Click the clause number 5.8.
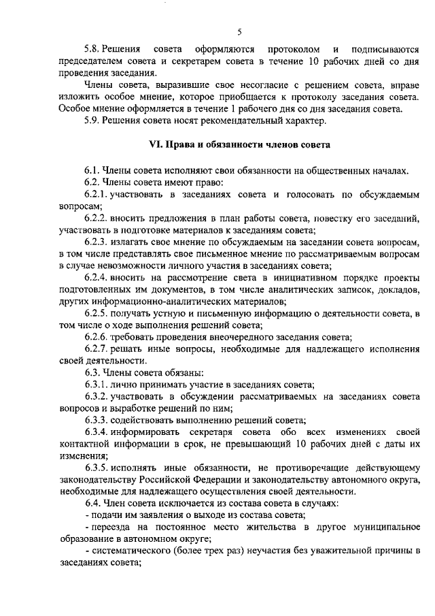coord(92,49)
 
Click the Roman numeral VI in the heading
coord(155,145)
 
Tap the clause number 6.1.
coord(92,170)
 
